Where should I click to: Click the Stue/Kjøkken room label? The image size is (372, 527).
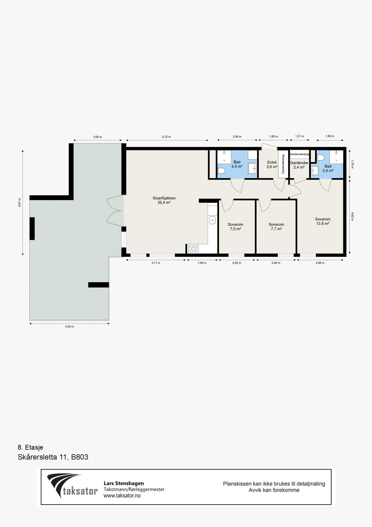(x=164, y=200)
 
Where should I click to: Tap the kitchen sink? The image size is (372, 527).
(x=212, y=220)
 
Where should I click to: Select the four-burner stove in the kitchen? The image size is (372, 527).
(x=193, y=249)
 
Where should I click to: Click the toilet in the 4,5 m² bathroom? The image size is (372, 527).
(x=221, y=171)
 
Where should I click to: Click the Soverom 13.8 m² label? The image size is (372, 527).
(x=322, y=221)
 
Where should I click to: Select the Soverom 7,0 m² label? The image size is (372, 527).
(x=235, y=227)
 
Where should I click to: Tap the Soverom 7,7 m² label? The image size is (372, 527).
(x=276, y=227)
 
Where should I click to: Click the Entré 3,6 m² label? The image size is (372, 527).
(x=272, y=164)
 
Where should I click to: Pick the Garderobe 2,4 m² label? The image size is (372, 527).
(x=299, y=165)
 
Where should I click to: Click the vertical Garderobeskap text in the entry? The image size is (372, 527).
(x=283, y=164)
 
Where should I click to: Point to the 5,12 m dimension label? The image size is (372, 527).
(x=166, y=137)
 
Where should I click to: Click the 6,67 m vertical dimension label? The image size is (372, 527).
(x=19, y=202)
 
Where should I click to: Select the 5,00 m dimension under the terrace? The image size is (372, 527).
(x=69, y=327)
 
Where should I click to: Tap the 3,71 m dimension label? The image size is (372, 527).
(x=156, y=263)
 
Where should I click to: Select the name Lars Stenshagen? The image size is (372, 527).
(x=124, y=483)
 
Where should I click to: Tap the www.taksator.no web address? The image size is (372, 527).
(x=122, y=495)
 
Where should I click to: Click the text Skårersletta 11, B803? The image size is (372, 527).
(x=53, y=457)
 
